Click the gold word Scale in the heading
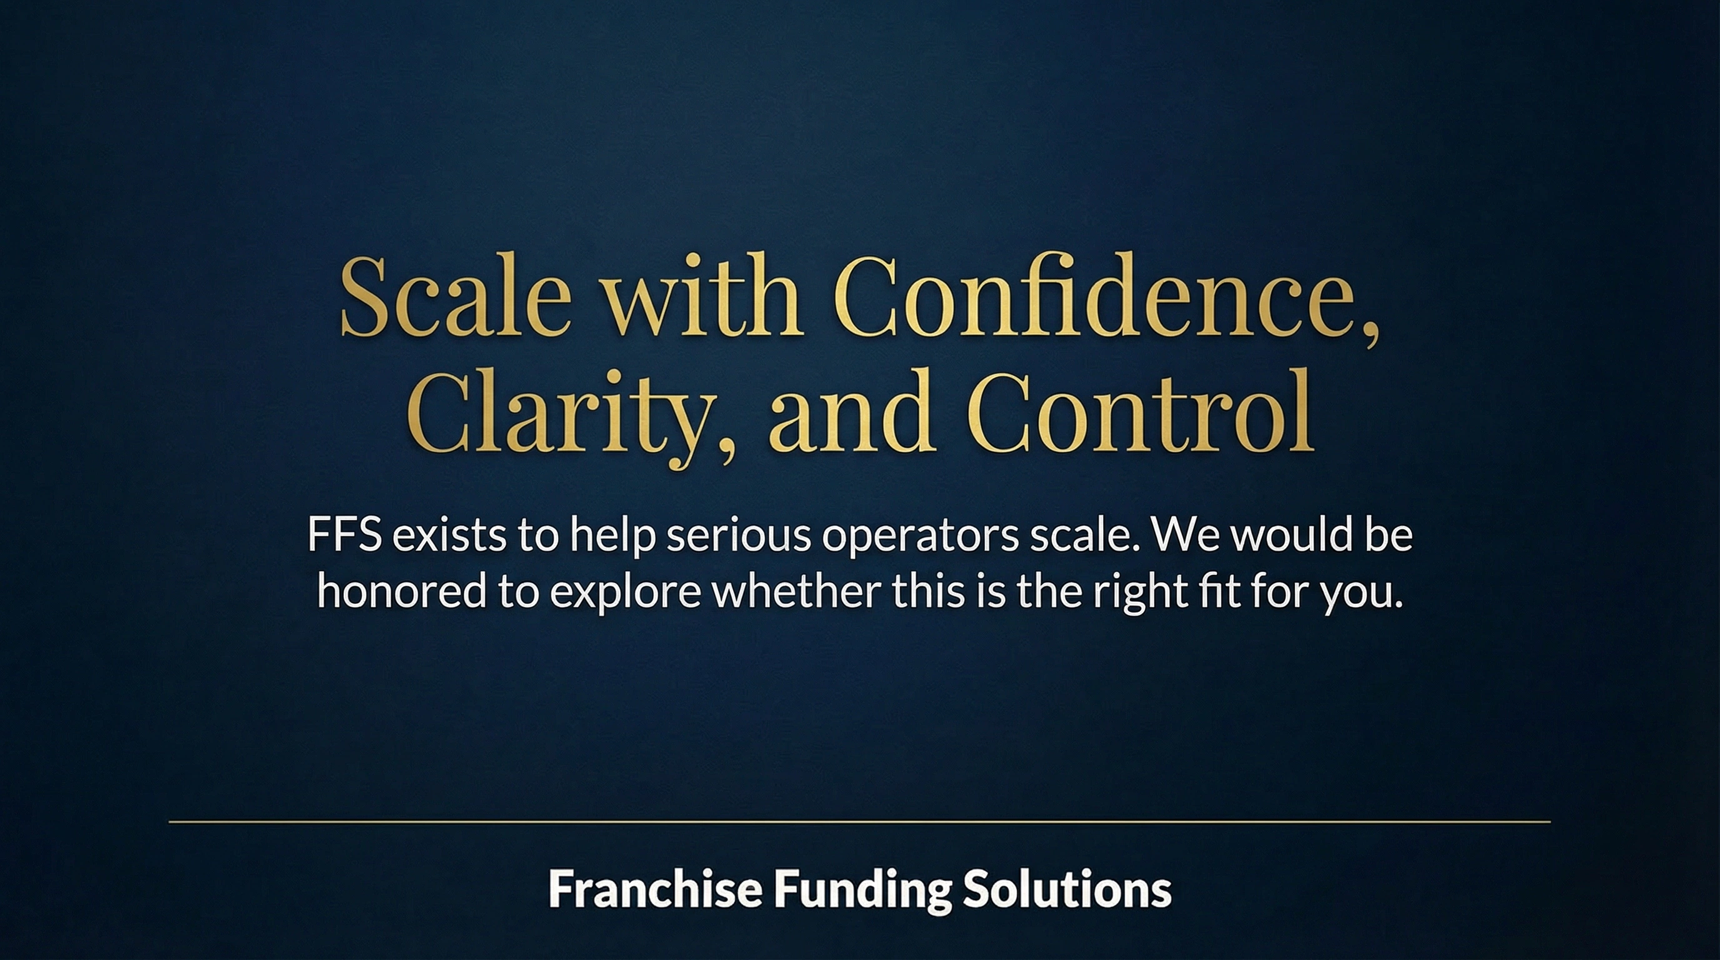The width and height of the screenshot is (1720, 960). (456, 297)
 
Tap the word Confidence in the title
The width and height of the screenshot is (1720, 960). (1104, 297)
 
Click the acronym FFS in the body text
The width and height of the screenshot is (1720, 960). (344, 536)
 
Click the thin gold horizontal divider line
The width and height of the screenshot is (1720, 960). (859, 822)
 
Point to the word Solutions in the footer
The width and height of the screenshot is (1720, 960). (1067, 889)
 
